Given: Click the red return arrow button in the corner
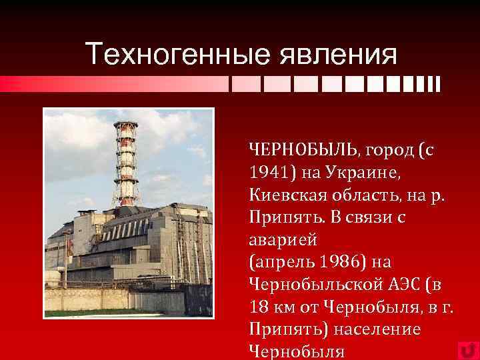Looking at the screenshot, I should (467, 350).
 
